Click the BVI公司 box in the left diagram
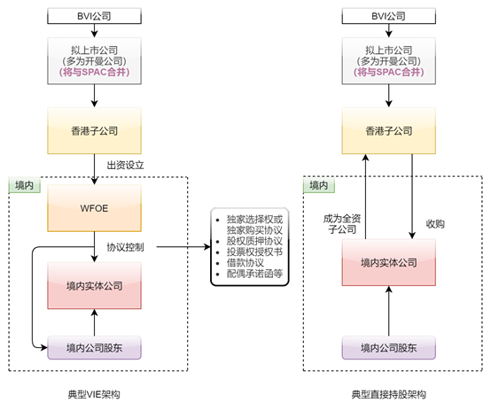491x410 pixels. tap(95, 15)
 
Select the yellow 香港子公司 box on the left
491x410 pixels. tap(95, 130)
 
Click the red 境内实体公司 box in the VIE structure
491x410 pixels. tap(95, 285)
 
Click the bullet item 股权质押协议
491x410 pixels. tap(253, 239)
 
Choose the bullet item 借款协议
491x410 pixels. tap(246, 263)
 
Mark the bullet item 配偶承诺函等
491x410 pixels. tap(253, 275)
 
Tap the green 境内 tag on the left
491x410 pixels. tap(25, 185)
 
